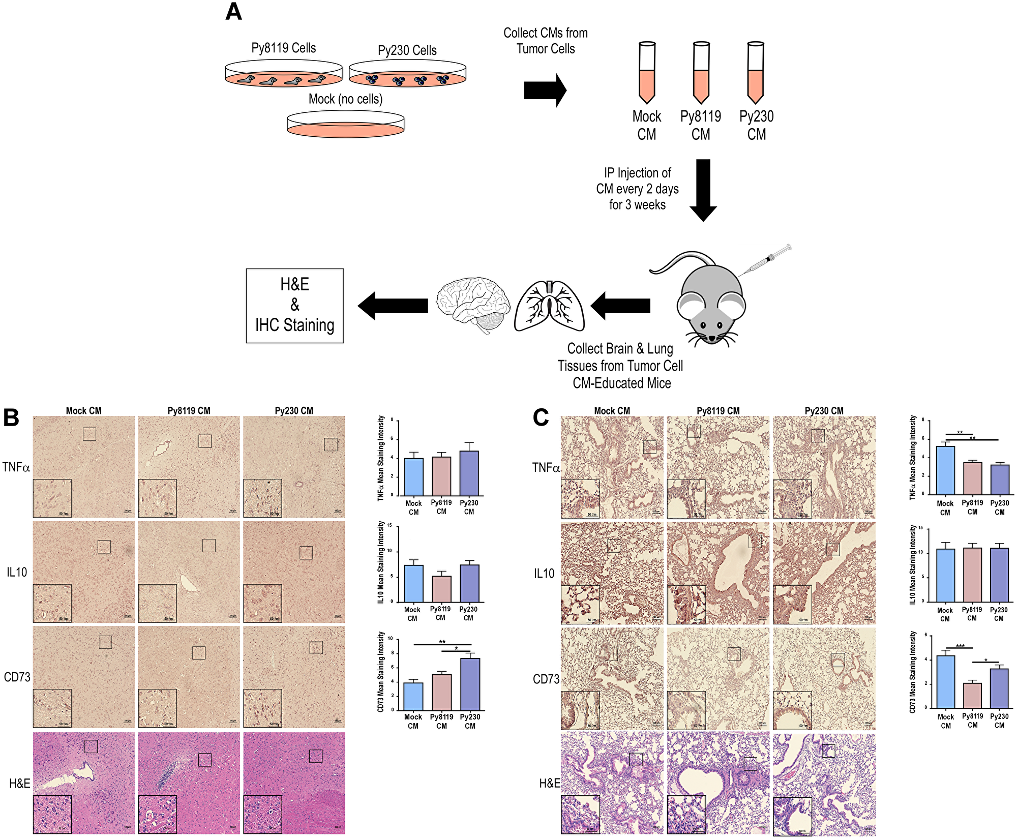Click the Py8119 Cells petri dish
(283, 74)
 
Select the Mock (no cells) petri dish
(345, 124)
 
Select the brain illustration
(473, 305)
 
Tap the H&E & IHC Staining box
(295, 306)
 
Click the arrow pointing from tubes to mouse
(703, 190)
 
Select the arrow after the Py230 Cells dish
(545, 90)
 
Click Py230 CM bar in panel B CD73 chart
(470, 684)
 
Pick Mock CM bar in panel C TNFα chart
(945, 470)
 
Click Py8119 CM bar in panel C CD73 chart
(972, 695)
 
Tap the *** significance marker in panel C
(960, 646)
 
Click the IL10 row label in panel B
(17, 573)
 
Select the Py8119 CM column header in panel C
(718, 411)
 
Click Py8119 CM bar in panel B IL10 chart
(441, 589)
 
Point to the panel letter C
(541, 418)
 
